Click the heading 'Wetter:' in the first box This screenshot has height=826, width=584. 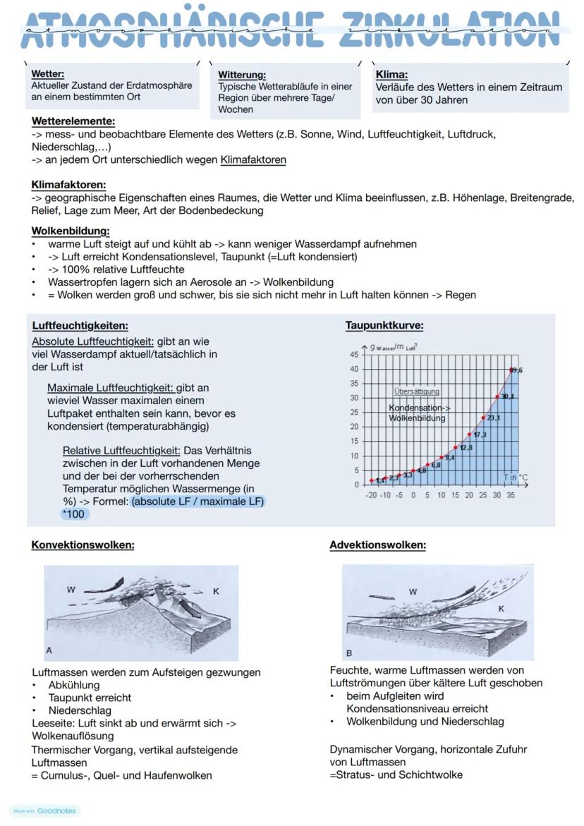click(x=48, y=73)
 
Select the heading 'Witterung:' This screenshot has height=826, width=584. click(x=242, y=75)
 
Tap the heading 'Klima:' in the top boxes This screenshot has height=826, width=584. click(x=392, y=74)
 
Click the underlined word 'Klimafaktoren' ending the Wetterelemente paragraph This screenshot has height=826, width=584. click(x=253, y=160)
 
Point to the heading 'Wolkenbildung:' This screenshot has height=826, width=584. click(x=71, y=231)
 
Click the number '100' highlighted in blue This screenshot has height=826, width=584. click(x=73, y=514)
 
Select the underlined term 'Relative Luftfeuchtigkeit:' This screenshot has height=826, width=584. click(x=121, y=451)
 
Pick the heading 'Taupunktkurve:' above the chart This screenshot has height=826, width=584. click(x=384, y=325)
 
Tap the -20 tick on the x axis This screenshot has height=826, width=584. click(x=371, y=495)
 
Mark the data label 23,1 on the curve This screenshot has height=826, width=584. click(x=493, y=418)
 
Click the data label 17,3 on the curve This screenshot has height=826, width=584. click(x=480, y=435)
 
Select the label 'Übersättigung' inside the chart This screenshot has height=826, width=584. click(x=416, y=391)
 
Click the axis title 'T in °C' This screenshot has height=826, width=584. click(x=516, y=478)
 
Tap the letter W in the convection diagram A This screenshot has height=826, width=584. click(x=71, y=590)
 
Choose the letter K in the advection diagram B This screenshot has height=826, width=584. click(x=501, y=608)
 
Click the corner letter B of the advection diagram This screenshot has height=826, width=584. click(x=349, y=653)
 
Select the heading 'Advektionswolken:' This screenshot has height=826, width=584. click(x=377, y=545)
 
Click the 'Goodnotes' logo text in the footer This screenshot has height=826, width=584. click(x=56, y=811)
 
